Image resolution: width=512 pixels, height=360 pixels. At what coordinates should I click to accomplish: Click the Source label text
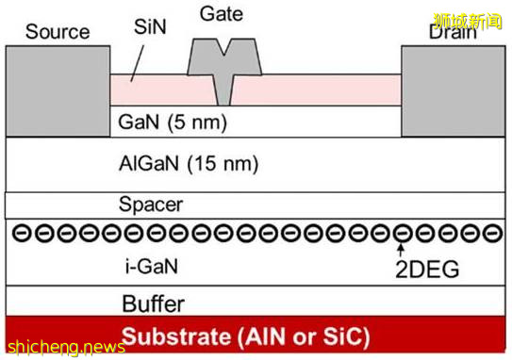coord(57,31)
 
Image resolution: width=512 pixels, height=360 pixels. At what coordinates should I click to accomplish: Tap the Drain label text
coord(453,32)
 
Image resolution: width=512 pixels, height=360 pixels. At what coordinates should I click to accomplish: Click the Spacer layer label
coord(151,205)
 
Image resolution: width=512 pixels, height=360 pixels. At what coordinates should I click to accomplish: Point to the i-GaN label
coord(151,268)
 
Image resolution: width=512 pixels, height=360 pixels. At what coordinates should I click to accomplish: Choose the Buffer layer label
coord(153,303)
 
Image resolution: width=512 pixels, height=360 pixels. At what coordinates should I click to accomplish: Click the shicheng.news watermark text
coord(65,347)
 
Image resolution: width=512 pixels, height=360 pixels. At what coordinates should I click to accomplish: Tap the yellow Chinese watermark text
coord(470,18)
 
